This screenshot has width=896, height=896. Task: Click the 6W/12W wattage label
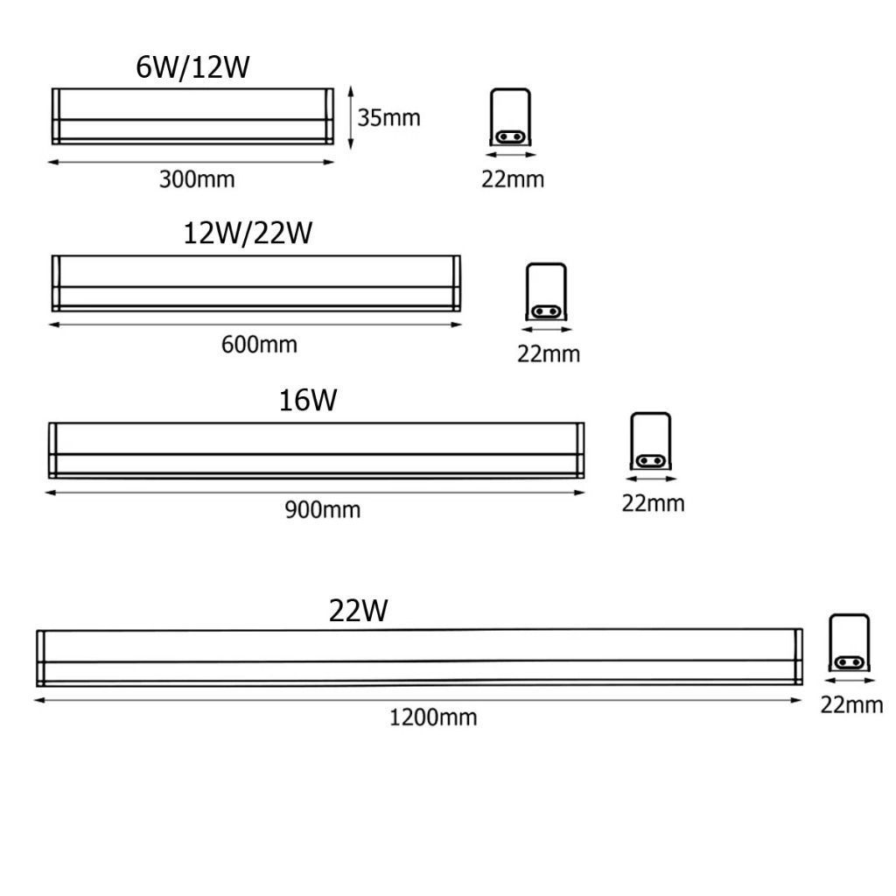(192, 67)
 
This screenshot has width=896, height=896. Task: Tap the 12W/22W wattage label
(248, 234)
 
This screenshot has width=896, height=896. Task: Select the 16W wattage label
(308, 400)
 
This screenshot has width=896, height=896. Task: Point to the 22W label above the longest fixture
(358, 610)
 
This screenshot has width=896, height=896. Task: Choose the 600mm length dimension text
(259, 344)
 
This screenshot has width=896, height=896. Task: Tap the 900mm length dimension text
(322, 509)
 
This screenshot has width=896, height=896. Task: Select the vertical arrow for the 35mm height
(351, 117)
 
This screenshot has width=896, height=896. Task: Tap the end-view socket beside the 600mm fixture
(546, 293)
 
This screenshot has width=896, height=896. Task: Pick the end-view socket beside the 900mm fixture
(652, 443)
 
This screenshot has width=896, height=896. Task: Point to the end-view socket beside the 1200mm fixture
(849, 644)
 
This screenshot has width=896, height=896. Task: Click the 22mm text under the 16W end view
(653, 504)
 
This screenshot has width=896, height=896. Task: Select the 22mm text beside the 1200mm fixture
(851, 705)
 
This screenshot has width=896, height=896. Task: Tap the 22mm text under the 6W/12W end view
(512, 179)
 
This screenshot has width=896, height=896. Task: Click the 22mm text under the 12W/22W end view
(549, 354)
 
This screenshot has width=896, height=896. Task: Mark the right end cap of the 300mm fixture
(330, 115)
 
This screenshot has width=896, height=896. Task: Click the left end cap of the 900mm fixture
(52, 451)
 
